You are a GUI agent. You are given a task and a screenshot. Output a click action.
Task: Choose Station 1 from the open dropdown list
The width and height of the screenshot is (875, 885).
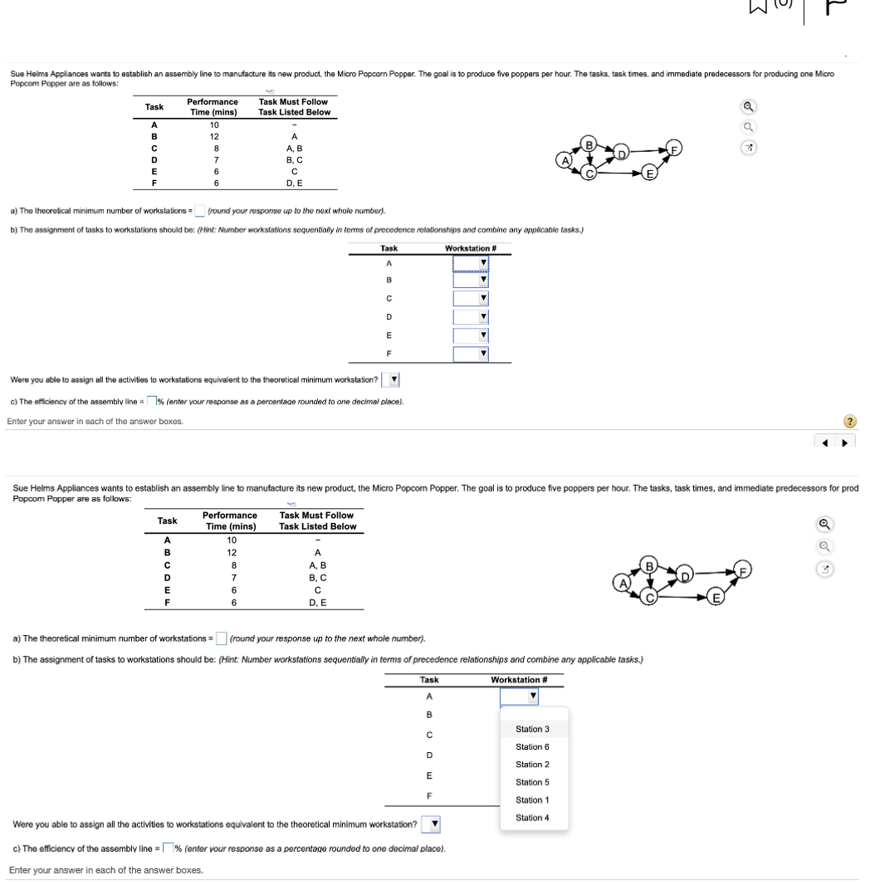tap(532, 799)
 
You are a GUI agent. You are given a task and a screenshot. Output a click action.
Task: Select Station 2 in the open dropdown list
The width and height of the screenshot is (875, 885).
tap(532, 764)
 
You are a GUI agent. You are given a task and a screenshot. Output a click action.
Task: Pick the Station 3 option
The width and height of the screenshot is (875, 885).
tap(532, 729)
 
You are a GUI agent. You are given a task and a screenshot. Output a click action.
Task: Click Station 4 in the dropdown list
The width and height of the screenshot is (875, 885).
tap(532, 818)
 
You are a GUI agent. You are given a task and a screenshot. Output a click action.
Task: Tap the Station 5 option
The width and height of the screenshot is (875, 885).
tap(532, 782)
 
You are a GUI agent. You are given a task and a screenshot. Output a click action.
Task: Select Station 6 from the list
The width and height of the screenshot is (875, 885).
tap(532, 746)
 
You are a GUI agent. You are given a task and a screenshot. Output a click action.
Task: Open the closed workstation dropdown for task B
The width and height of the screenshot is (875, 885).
tap(471, 281)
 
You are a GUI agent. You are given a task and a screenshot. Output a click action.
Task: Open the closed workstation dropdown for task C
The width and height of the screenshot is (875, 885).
tap(471, 299)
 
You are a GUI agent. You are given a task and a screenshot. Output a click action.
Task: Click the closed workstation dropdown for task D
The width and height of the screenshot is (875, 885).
tap(471, 317)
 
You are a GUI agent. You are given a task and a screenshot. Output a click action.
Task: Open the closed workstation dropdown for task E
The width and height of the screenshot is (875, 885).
tap(471, 335)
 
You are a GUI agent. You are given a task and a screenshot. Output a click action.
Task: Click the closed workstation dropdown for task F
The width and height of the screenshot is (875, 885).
tap(471, 354)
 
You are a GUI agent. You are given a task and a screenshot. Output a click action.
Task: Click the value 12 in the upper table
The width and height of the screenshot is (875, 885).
tap(213, 136)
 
